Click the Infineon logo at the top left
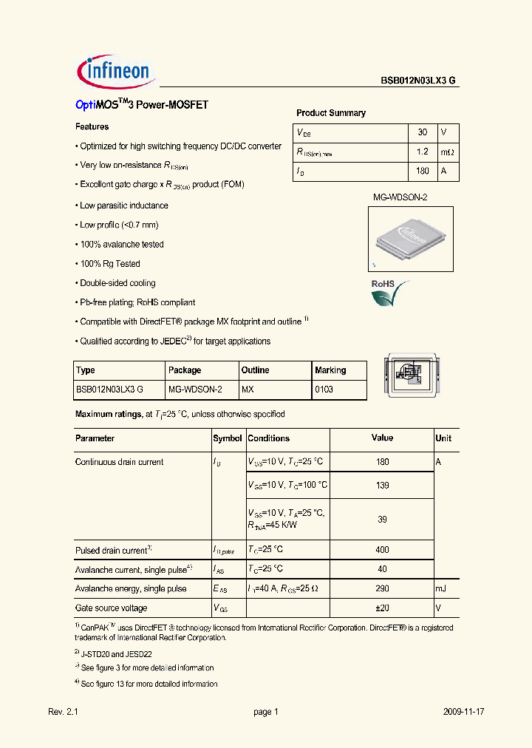point(115,71)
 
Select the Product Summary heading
point(330,113)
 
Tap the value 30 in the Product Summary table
point(423,132)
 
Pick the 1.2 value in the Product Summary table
point(423,152)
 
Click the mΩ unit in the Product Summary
point(448,152)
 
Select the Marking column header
point(330,370)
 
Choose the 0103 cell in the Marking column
point(324,390)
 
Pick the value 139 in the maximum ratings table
point(382,486)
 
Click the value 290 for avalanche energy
point(382,589)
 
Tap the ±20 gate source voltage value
point(382,608)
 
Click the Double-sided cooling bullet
point(117,283)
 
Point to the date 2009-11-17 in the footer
point(463,712)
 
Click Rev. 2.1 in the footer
point(63,712)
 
